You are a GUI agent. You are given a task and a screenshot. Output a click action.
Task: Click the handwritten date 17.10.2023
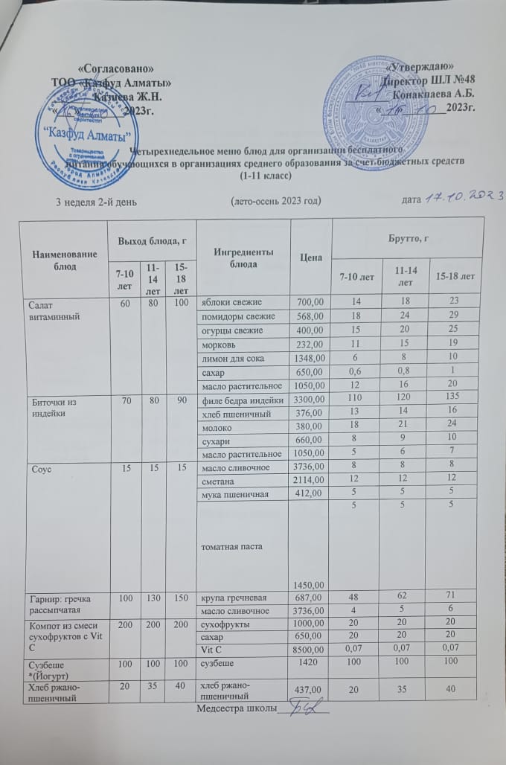point(464,196)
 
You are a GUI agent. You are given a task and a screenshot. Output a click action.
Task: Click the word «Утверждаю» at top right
point(422,68)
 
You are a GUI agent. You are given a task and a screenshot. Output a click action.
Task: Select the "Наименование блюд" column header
point(60,260)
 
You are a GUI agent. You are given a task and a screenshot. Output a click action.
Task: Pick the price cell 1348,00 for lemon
point(307,358)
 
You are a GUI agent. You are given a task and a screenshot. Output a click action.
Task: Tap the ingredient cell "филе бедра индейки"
point(240,400)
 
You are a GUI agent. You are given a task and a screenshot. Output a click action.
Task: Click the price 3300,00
point(307,400)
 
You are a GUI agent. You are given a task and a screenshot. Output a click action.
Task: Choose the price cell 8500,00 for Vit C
point(307,649)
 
